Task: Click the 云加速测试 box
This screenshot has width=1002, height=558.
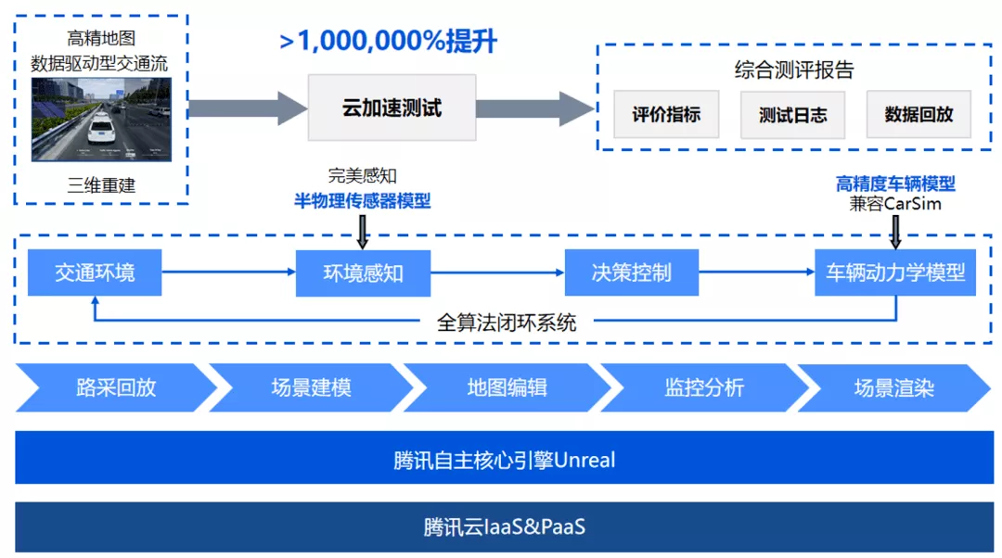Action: (392, 108)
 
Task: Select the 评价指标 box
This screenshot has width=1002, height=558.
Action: (666, 115)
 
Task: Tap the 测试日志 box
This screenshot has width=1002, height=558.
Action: (792, 115)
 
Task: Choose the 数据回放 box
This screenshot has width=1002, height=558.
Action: (918, 115)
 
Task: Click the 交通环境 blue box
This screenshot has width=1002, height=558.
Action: (95, 273)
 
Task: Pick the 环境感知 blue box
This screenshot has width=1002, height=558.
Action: (363, 273)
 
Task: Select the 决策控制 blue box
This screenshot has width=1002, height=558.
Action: (631, 273)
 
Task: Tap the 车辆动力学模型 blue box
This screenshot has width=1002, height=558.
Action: (895, 273)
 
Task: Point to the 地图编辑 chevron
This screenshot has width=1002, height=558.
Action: (507, 387)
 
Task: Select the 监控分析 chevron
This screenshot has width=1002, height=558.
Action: (703, 387)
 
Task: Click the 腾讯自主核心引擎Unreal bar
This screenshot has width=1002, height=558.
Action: (504, 460)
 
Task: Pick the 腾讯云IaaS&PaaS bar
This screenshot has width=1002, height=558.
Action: (504, 527)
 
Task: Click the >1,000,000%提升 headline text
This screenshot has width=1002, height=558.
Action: (389, 42)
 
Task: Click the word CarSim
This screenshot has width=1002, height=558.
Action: (913, 203)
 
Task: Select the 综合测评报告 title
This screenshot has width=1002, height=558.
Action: (793, 70)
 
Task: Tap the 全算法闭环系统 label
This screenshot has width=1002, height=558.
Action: (507, 323)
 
